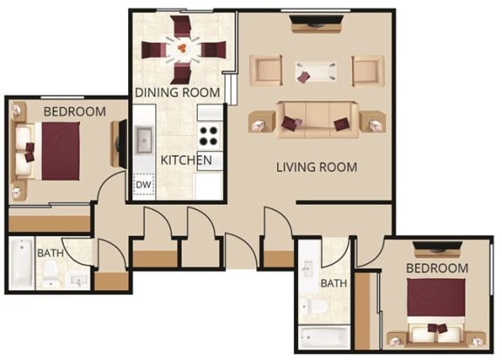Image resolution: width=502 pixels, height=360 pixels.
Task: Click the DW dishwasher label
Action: [143, 185]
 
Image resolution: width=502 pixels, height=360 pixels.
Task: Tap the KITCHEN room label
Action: [186, 160]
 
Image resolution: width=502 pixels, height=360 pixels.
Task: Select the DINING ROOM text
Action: [178, 92]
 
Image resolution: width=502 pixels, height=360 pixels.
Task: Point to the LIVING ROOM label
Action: [316, 167]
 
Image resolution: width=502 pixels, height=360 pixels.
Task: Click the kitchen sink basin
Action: [144, 140]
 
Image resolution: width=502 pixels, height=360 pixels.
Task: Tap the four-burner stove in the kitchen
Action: [209, 136]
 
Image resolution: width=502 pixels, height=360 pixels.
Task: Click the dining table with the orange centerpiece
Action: [183, 50]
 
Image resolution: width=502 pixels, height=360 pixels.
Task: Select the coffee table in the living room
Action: [315, 71]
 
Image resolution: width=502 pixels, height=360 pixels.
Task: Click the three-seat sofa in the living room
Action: [317, 119]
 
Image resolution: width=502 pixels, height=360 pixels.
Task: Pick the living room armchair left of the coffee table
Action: [266, 71]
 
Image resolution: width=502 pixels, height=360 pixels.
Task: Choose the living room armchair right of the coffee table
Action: [368, 71]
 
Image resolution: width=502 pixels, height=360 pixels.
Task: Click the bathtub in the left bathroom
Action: [21, 263]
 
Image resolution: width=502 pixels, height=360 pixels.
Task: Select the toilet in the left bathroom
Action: [51, 274]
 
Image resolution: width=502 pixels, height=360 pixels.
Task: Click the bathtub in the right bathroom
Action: [324, 337]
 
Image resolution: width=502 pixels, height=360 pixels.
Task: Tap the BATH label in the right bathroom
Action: [334, 283]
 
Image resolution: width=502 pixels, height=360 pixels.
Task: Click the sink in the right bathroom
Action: [308, 268]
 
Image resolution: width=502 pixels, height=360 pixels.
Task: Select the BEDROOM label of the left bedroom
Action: [75, 112]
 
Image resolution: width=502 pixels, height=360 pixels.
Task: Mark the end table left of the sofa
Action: [261, 122]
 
